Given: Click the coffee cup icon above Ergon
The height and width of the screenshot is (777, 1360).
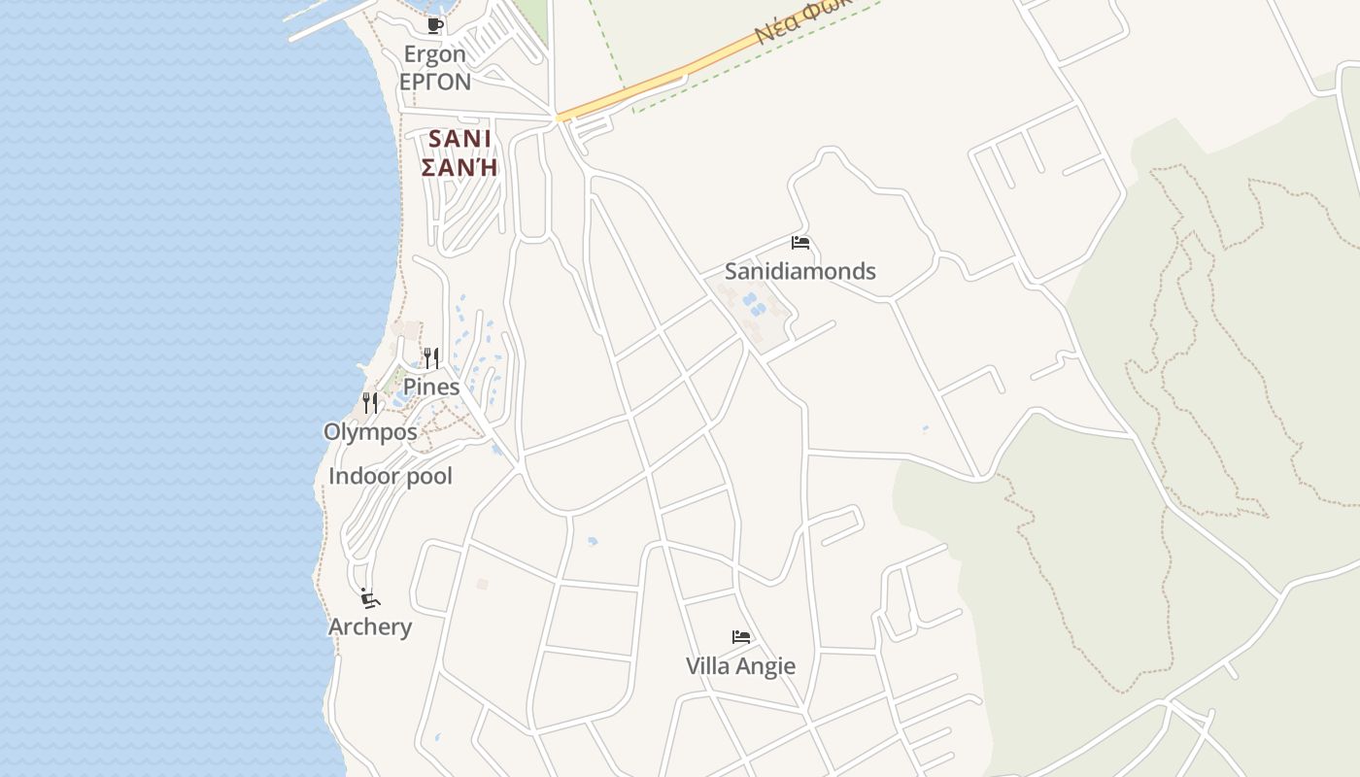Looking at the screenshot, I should pyautogui.click(x=434, y=25).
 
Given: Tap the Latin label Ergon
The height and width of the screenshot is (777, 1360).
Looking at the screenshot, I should pyautogui.click(x=435, y=54).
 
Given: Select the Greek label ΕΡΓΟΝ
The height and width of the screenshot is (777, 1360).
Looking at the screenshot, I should pyautogui.click(x=435, y=82).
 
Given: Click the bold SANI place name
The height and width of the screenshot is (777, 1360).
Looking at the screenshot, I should pyautogui.click(x=459, y=139).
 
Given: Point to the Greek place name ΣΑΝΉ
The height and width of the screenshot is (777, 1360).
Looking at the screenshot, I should pyautogui.click(x=459, y=167).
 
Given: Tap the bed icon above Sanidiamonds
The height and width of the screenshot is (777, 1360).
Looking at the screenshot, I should pyautogui.click(x=800, y=243).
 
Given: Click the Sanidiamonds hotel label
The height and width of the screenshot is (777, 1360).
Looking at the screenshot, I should pyautogui.click(x=800, y=271).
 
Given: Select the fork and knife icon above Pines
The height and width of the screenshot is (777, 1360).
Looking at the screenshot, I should pyautogui.click(x=431, y=358).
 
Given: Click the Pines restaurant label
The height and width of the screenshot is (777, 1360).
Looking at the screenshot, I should pyautogui.click(x=431, y=387).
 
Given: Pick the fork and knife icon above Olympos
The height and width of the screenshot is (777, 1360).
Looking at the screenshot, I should pyautogui.click(x=370, y=402).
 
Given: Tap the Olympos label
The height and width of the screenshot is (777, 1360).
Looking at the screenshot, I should pyautogui.click(x=370, y=432).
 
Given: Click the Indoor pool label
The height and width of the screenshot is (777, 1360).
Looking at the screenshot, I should pyautogui.click(x=391, y=477).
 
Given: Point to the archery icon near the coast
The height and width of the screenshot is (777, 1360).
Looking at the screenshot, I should pyautogui.click(x=369, y=597).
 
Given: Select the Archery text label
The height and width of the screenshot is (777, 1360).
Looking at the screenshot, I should pyautogui.click(x=370, y=626).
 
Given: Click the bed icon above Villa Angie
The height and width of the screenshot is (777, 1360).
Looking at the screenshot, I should pyautogui.click(x=741, y=637).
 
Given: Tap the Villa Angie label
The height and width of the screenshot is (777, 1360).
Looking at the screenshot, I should pyautogui.click(x=740, y=666).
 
